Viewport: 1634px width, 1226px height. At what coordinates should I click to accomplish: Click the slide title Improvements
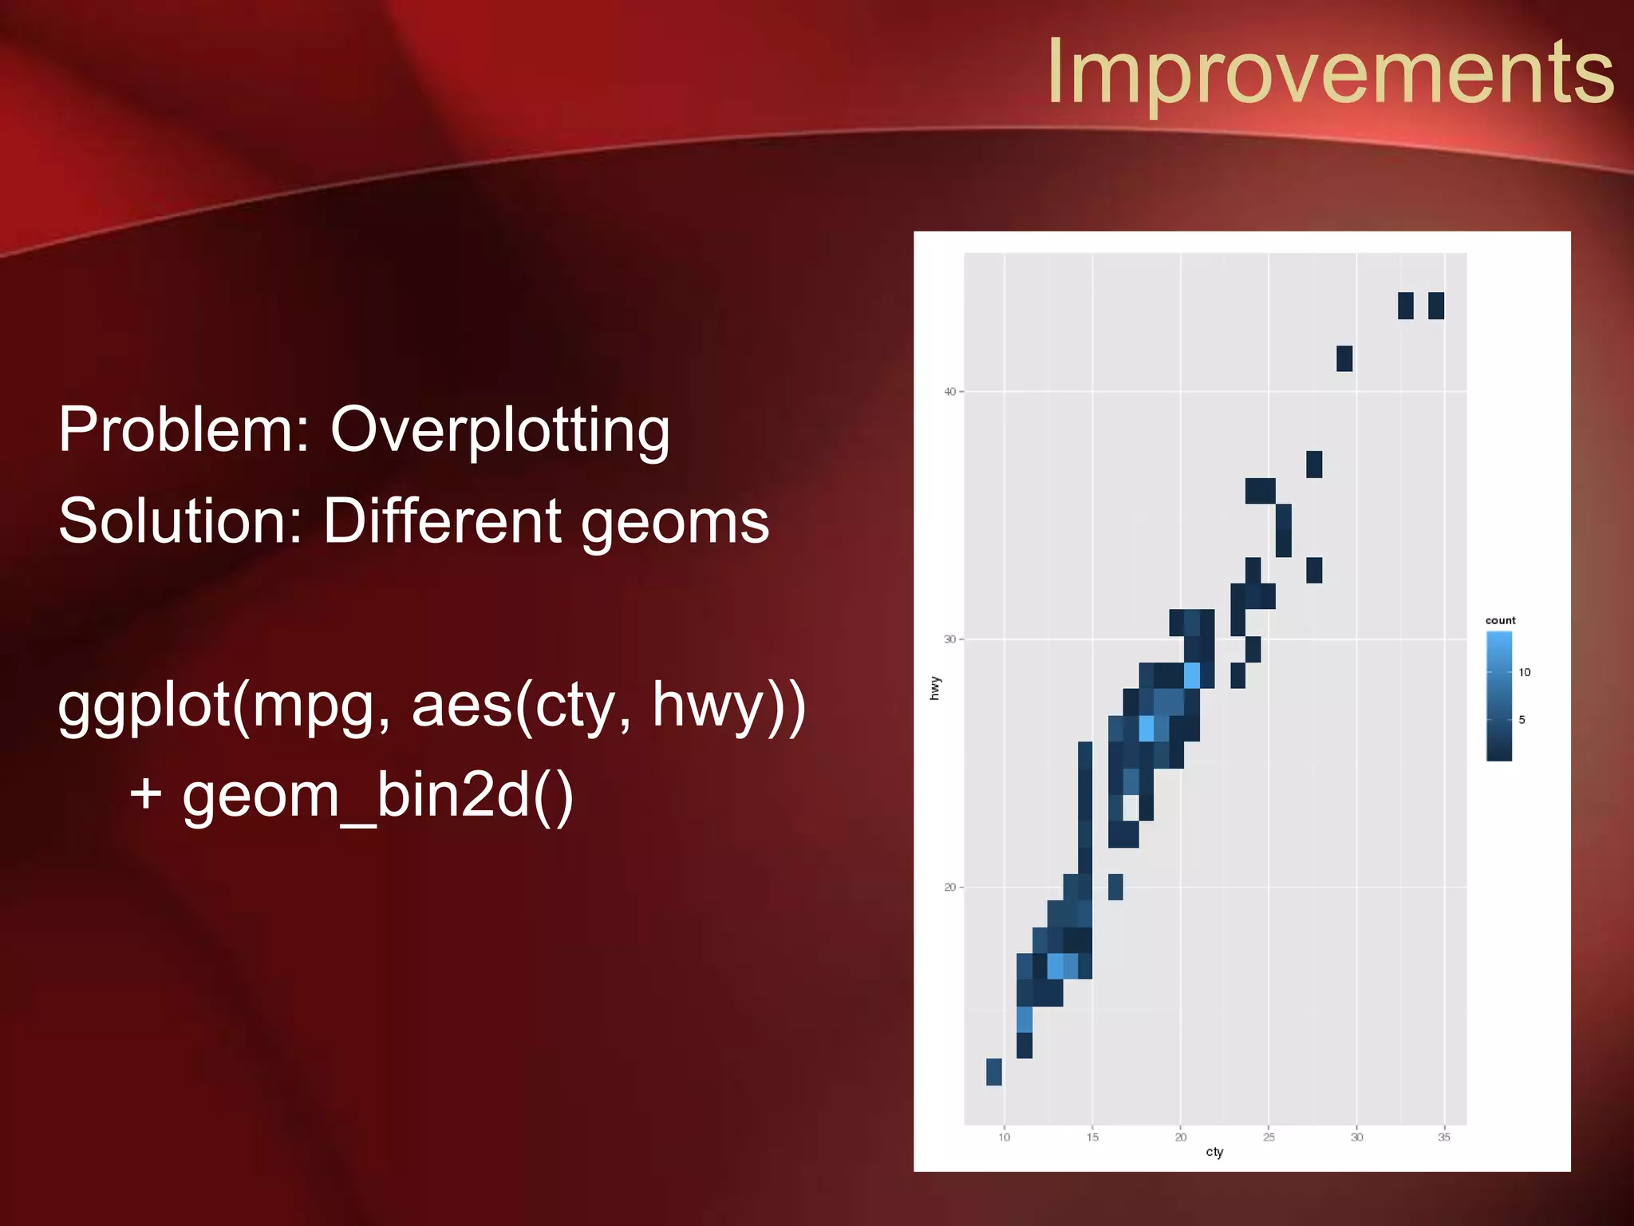click(x=1330, y=72)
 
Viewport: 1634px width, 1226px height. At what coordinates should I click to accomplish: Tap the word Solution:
click(x=180, y=521)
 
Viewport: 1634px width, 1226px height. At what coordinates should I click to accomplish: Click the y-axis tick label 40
click(x=949, y=392)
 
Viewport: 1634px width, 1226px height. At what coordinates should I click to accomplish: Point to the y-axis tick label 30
click(x=949, y=639)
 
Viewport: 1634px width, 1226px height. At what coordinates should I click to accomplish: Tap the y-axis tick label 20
click(x=949, y=888)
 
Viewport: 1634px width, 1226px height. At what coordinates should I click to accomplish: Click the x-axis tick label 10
click(x=1004, y=1137)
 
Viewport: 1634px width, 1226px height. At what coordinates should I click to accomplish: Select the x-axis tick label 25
click(x=1269, y=1137)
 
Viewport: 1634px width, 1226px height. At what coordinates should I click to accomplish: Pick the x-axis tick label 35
click(x=1444, y=1137)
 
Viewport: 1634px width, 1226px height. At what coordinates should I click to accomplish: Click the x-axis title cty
click(x=1214, y=1152)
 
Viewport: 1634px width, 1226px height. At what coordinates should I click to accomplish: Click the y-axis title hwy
click(x=935, y=688)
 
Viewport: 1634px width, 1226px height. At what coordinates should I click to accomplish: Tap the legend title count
click(x=1500, y=620)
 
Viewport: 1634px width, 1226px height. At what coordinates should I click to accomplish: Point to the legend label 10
click(x=1525, y=672)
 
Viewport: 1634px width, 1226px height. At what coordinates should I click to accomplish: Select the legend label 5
click(x=1522, y=720)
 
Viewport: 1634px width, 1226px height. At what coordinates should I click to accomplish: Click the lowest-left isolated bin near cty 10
click(x=993, y=1072)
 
